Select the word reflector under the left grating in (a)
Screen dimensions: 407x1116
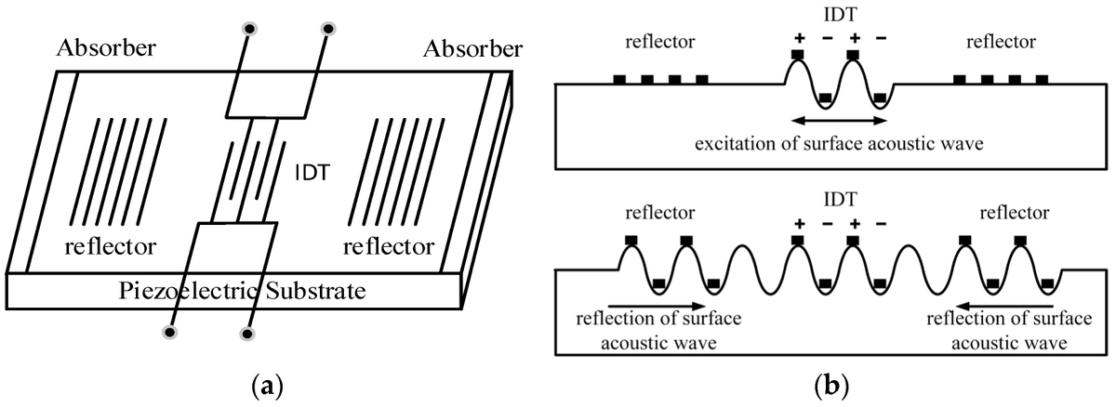pos(111,247)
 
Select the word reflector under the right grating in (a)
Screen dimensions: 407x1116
pos(388,247)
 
